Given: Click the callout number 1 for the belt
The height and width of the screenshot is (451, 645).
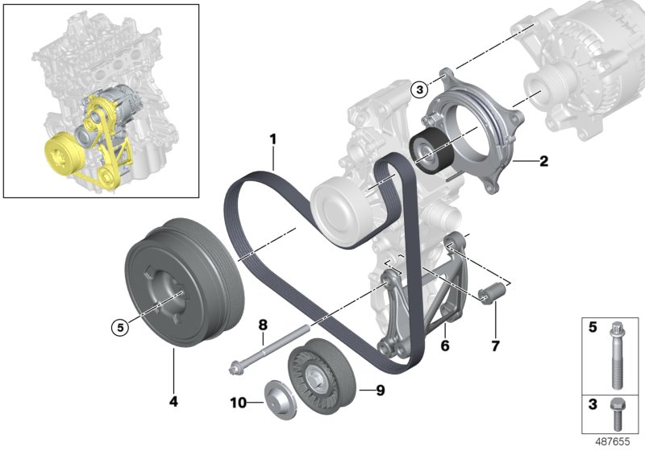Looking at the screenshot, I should coord(273,139).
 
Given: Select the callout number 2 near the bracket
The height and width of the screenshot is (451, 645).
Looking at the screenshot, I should coord(543,161).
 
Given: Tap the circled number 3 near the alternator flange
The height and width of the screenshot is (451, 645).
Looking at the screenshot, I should coord(418,90).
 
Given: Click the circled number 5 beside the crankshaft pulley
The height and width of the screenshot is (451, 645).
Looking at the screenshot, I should coord(120,327).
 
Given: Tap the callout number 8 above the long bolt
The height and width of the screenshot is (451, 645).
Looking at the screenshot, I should coord(262,325).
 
